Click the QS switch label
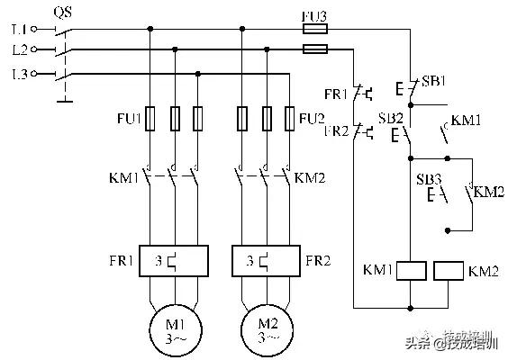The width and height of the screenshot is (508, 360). pyautogui.click(x=64, y=12)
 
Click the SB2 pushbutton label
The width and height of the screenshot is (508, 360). pyautogui.click(x=390, y=118)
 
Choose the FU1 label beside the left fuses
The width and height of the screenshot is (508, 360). pyautogui.click(x=126, y=117)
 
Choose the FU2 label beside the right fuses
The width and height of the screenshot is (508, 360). pyautogui.click(x=313, y=117)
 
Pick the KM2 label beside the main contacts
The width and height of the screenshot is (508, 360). pyautogui.click(x=310, y=177)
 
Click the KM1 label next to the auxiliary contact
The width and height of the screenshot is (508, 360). pyautogui.click(x=467, y=120)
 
